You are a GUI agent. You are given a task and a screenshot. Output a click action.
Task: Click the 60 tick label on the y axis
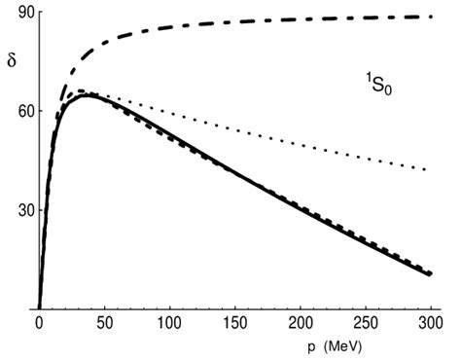pyautogui.click(x=13, y=111)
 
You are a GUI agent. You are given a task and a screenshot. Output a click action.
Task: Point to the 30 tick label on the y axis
pyautogui.click(x=13, y=210)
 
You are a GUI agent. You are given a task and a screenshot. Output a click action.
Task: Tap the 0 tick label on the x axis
pyautogui.click(x=39, y=322)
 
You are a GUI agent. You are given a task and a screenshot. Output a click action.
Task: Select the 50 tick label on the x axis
pyautogui.click(x=103, y=322)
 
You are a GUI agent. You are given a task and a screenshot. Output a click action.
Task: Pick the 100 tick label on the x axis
pyautogui.click(x=169, y=322)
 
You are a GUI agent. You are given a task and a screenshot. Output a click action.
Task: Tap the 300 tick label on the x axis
pyautogui.click(x=431, y=322)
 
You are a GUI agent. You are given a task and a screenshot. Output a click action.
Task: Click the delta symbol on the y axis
pyautogui.click(x=12, y=60)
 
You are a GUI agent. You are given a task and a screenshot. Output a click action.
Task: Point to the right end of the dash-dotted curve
pyautogui.click(x=431, y=17)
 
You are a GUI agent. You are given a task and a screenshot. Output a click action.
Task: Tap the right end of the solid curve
pyautogui.click(x=431, y=274)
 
